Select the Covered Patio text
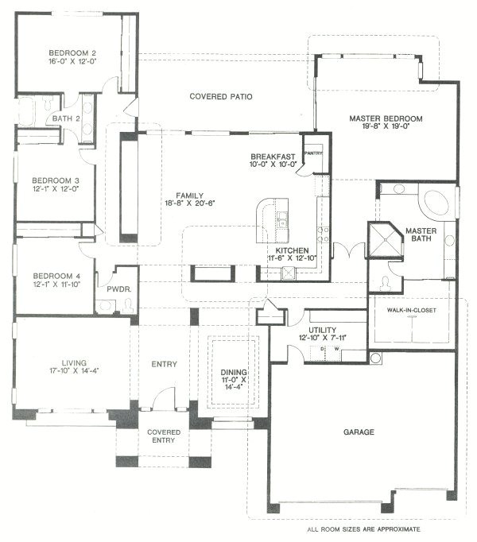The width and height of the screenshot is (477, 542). pyautogui.click(x=220, y=97)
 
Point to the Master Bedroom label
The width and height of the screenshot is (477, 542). pyautogui.click(x=386, y=119)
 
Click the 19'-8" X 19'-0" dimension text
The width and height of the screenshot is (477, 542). pyautogui.click(x=386, y=129)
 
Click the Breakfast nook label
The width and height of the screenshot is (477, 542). pyautogui.click(x=273, y=156)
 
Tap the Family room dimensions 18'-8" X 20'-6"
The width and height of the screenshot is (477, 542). pyautogui.click(x=192, y=204)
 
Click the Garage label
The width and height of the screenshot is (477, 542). pyautogui.click(x=359, y=432)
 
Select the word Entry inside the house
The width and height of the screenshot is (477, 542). pyautogui.click(x=163, y=364)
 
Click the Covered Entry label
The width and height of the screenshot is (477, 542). pyautogui.click(x=164, y=436)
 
